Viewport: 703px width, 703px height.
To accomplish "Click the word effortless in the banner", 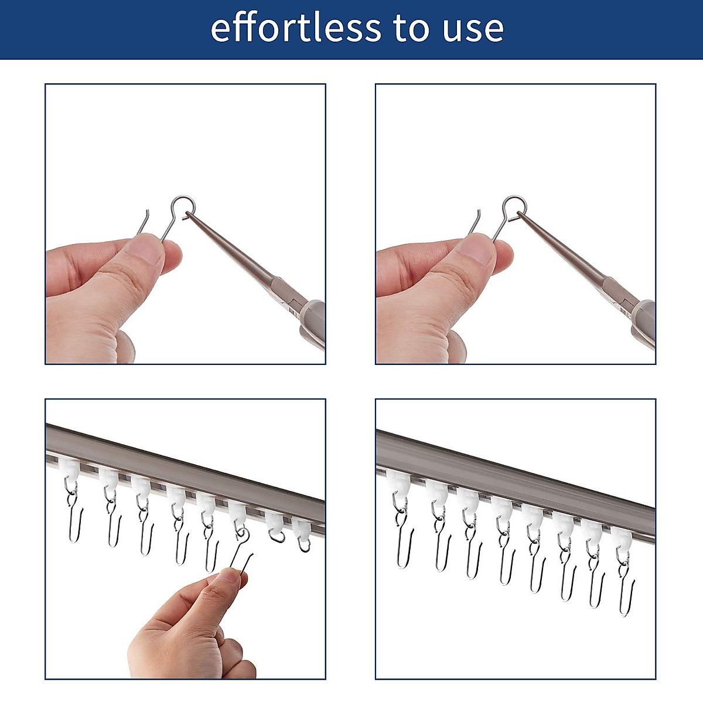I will point(295,28).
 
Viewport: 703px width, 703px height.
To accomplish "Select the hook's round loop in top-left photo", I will point(182,206).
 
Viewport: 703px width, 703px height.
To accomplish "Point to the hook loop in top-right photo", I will point(514,206).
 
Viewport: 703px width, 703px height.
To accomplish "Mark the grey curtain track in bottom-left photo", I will point(187,469).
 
